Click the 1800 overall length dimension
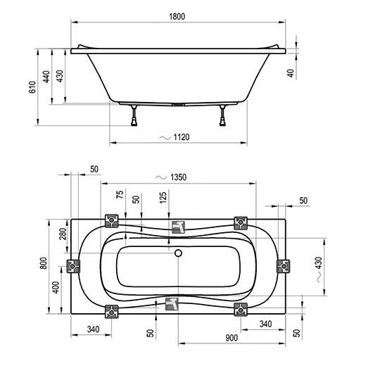[177, 17]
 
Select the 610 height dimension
[32, 87]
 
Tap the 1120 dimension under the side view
[182, 137]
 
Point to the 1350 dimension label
[179, 177]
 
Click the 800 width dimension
[44, 263]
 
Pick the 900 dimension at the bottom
[232, 338]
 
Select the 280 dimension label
[63, 234]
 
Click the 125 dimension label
[163, 198]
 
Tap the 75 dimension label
[120, 194]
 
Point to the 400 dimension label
[56, 287]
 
